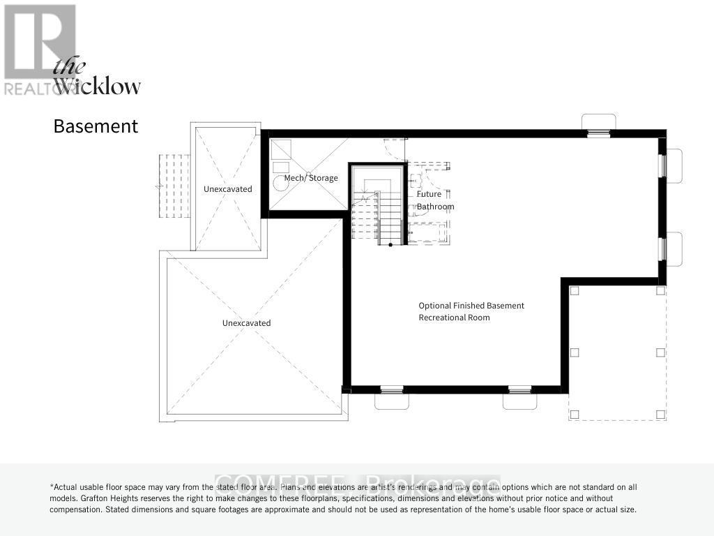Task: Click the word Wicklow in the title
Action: click(98, 87)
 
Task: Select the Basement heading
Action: click(96, 126)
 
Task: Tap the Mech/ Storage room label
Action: click(311, 178)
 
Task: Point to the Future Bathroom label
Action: click(435, 200)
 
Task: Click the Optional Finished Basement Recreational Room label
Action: click(471, 311)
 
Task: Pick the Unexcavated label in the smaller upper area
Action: click(227, 189)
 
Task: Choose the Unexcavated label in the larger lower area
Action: click(246, 323)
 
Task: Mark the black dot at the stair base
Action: click(390, 244)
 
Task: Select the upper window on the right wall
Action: click(662, 165)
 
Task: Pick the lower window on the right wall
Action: click(662, 248)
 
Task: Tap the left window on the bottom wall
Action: click(391, 389)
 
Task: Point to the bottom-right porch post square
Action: click(660, 415)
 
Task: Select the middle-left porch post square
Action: click(574, 352)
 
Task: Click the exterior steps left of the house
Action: click(174, 186)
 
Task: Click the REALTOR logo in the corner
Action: click(39, 49)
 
